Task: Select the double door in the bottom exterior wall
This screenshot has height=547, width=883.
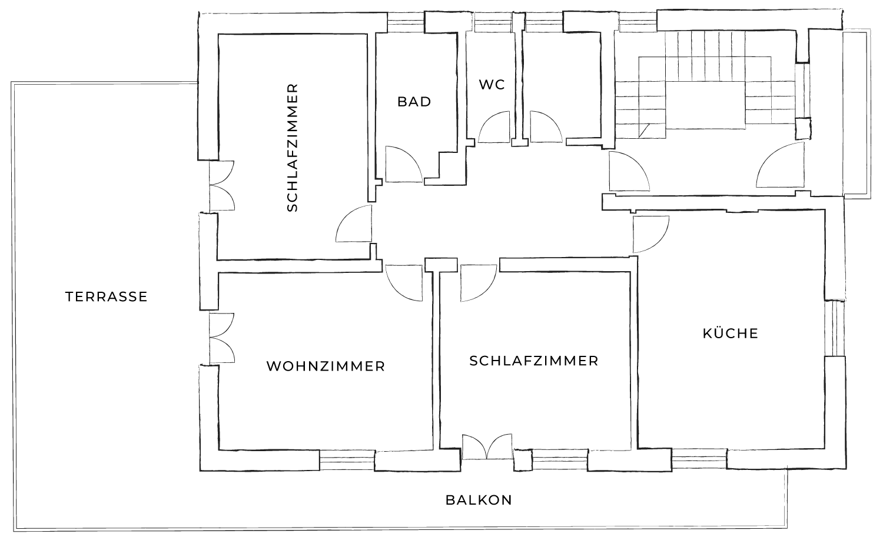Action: [487, 448]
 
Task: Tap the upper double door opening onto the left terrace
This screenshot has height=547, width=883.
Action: [221, 186]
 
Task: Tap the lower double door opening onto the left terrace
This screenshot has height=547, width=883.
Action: [221, 338]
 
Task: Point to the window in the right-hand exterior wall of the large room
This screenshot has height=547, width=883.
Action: [835, 328]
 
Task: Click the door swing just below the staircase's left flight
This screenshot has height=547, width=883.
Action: [628, 172]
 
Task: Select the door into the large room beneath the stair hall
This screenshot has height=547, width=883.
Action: [650, 234]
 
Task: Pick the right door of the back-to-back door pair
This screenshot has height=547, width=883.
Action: [545, 128]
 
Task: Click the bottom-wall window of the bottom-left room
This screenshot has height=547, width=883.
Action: [347, 460]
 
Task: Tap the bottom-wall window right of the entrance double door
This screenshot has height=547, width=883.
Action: [559, 460]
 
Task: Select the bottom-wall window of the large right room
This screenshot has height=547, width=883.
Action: [699, 459]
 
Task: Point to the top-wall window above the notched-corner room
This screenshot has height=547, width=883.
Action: [406, 23]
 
